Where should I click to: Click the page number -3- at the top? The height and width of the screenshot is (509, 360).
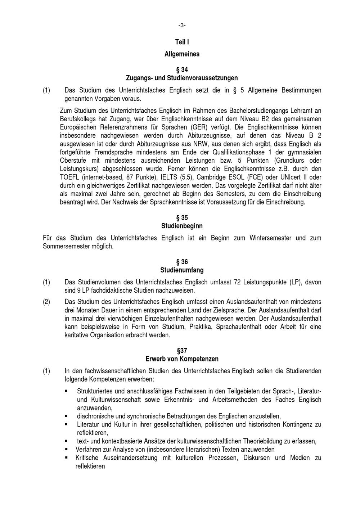coord(182,25)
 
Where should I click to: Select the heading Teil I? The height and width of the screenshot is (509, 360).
coord(182,42)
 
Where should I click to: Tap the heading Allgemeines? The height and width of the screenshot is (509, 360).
coord(182,54)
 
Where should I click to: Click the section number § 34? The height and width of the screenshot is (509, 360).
coord(182,69)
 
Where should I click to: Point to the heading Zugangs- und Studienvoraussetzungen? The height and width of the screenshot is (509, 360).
coord(182,78)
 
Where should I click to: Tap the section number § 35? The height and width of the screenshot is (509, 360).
coord(182,218)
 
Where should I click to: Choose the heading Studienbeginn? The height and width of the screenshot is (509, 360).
coord(182,226)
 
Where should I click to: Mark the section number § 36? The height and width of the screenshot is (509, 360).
coord(182,262)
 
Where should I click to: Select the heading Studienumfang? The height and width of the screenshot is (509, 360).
coord(182,270)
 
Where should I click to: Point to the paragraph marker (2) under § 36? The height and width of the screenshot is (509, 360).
coord(46,302)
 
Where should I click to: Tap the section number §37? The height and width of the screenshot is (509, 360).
coord(182,351)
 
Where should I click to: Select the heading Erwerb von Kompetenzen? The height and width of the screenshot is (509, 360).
coord(182,359)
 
